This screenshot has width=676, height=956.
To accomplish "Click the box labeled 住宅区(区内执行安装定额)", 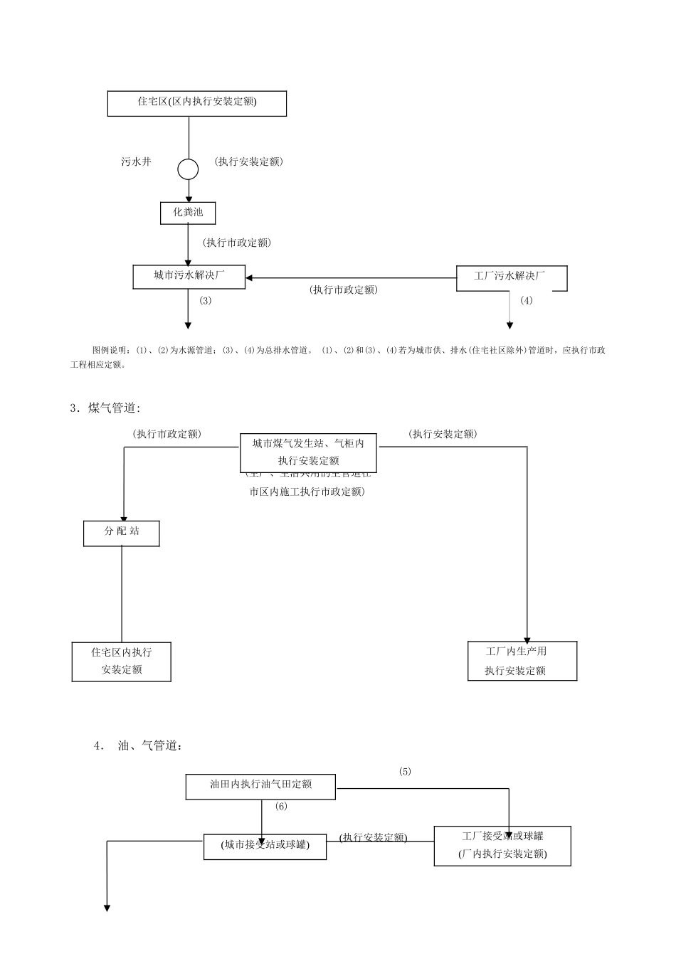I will coord(196,103).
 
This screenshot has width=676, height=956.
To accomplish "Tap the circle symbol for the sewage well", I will coord(188,169).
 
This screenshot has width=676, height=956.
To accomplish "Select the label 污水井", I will coord(136,162).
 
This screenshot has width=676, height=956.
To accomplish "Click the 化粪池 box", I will coord(187,213).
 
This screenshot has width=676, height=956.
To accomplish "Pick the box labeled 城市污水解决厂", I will coord(189,277).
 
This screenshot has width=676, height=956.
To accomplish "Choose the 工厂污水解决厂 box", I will coord(510,277).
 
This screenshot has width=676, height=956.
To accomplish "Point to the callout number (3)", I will coord(205,301).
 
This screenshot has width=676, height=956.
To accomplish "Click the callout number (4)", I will coord(526,301).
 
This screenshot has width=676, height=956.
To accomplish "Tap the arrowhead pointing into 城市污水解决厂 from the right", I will coord(250,277).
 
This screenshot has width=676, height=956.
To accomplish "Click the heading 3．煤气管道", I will coord(105,408).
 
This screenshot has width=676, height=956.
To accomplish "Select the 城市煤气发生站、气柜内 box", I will coord(308,452).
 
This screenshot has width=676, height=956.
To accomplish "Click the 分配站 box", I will coord(121,532).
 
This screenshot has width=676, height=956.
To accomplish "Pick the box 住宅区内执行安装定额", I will coord(121,661).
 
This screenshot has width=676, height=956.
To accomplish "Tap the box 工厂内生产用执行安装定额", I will coord(522,661).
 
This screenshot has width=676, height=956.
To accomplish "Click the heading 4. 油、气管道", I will coord(139,746).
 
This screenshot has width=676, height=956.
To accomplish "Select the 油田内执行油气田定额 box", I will coord(260,786).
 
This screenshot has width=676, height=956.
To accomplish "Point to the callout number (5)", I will coord(404,772).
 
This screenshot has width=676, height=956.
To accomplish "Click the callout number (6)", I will coord(281,807).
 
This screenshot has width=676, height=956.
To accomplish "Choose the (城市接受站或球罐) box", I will coord(265,846).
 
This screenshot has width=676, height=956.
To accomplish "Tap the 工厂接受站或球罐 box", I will coord(502,846).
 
